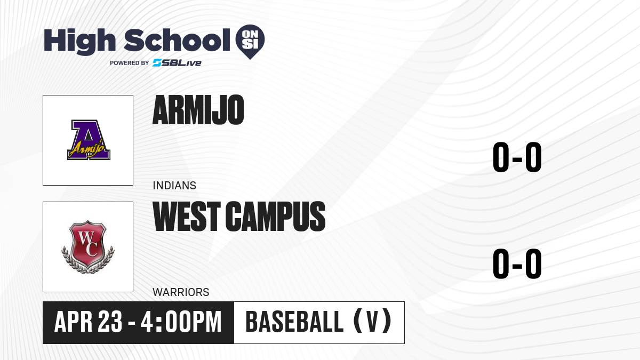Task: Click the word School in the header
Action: [177, 41]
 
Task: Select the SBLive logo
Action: [177, 63]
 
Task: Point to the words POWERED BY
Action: [130, 63]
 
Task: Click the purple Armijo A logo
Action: [89, 140]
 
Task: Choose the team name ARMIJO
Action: [198, 110]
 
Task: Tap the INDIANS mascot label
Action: [174, 186]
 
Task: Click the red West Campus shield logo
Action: [88, 247]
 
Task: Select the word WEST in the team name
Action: [187, 217]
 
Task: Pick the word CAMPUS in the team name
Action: [275, 217]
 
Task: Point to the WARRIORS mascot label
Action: [181, 292]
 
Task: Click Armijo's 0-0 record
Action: [517, 157]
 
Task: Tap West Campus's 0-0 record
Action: [517, 263]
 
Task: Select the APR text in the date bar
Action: [74, 322]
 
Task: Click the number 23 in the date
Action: [110, 322]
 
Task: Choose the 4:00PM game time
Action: [181, 322]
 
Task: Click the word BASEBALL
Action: [294, 322]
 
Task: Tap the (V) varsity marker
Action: [372, 321]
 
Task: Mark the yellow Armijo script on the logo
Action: [87, 149]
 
